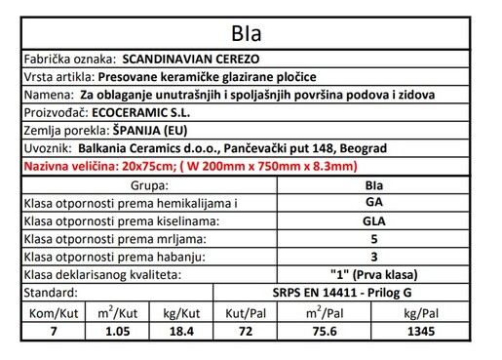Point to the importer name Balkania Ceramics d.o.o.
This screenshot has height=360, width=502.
147,148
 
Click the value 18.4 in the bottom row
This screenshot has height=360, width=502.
180,331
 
